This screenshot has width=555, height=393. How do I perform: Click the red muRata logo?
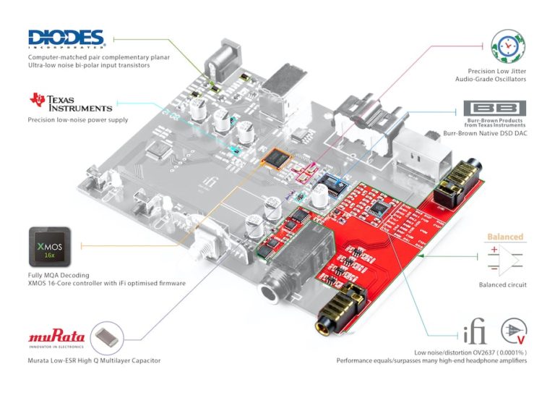tap(56, 337)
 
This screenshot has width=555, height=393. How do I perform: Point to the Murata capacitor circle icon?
tap(107, 337)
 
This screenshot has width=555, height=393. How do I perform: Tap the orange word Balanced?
tap(505, 237)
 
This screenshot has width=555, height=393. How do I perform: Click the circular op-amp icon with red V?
tap(514, 331)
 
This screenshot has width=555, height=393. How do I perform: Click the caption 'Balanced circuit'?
tap(503, 284)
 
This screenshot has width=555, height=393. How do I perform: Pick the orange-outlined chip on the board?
tap(275, 158)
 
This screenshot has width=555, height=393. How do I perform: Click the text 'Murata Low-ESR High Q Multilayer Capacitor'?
tap(94, 360)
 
